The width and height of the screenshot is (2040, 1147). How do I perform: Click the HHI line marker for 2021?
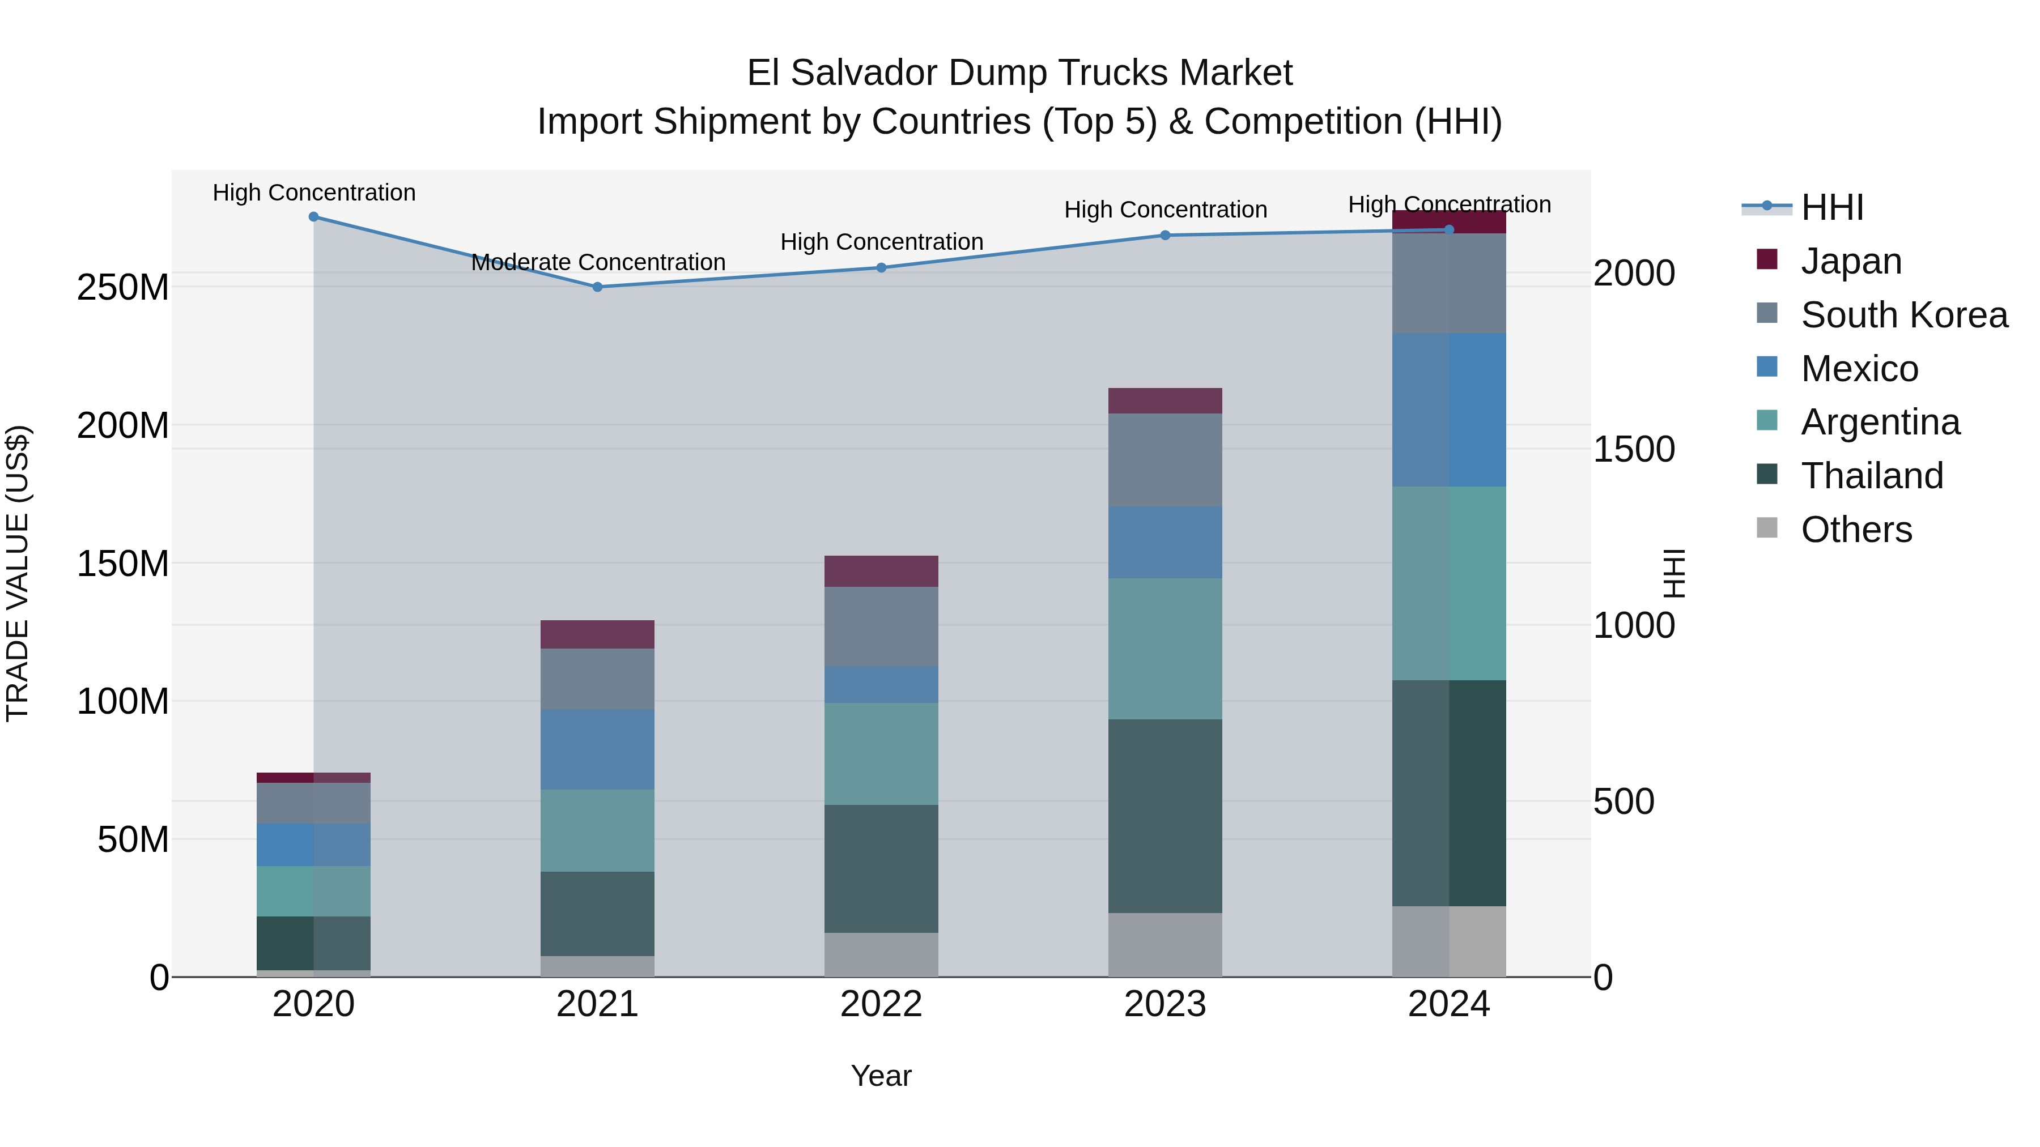point(597,287)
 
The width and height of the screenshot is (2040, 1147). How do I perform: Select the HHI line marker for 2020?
point(313,217)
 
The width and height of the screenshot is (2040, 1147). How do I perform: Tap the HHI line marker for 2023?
point(1165,235)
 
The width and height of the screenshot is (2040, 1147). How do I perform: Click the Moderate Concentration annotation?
point(598,262)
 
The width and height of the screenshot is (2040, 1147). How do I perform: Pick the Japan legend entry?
point(1851,261)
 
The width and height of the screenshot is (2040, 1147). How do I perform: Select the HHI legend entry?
point(1831,207)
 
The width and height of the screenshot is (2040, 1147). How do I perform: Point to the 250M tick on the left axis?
point(123,287)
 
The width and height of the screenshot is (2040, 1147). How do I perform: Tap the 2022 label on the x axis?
point(881,1004)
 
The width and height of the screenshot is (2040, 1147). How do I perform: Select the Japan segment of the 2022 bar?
point(881,571)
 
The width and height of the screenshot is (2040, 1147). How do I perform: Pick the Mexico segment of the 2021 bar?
point(597,749)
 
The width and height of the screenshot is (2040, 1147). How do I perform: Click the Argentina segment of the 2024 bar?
point(1448,583)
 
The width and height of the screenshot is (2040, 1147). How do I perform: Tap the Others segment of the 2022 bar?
point(881,954)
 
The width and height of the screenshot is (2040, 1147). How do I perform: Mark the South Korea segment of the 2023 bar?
point(1165,460)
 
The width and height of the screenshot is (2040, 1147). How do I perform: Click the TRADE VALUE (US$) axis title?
point(18,573)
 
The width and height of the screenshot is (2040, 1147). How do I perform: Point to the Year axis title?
point(881,1076)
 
